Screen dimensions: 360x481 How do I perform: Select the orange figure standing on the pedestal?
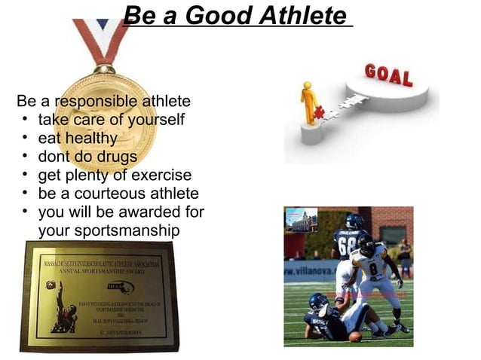pyautogui.click(x=308, y=102)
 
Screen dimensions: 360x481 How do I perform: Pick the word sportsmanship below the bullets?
pyautogui.click(x=109, y=230)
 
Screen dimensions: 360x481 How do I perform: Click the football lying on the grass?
pyautogui.click(x=354, y=337)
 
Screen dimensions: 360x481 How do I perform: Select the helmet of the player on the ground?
pyautogui.click(x=318, y=302)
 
